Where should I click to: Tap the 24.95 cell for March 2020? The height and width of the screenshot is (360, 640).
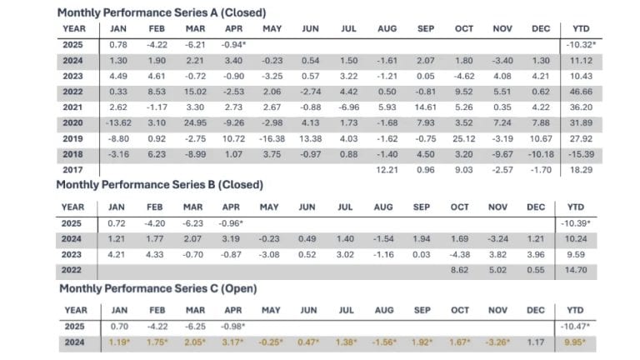194,122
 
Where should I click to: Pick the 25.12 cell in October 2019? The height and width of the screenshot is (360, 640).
463,138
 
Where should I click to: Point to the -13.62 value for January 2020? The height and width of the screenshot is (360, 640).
117,122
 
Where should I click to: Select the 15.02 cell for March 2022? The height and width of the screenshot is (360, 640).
194,92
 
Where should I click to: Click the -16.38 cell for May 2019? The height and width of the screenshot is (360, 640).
272,138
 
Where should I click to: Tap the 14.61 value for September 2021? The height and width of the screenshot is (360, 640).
425,107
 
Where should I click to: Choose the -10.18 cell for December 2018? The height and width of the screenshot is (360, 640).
541,154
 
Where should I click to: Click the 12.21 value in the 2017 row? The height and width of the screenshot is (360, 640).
386,169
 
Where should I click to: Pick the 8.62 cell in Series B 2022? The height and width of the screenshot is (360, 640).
463,271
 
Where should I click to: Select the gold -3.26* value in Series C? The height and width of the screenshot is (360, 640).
503,341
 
